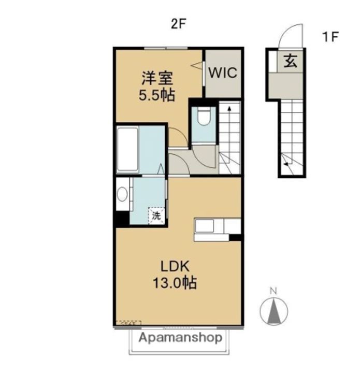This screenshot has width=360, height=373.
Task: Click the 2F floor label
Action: pos(178,24)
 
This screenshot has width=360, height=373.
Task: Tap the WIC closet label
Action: pos(223,73)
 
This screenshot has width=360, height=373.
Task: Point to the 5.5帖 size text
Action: pos(157,95)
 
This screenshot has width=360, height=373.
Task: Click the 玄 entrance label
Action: pos(290,62)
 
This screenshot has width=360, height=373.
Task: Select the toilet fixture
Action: pos(203,118)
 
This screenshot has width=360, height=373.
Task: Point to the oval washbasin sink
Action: pos(122,194)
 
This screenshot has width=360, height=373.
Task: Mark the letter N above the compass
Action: pos(275,290)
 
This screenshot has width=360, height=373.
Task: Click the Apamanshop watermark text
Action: pos(180,338)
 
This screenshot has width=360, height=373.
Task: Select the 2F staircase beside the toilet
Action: pos(229,137)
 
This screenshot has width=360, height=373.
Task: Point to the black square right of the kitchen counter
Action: pos(236,238)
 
